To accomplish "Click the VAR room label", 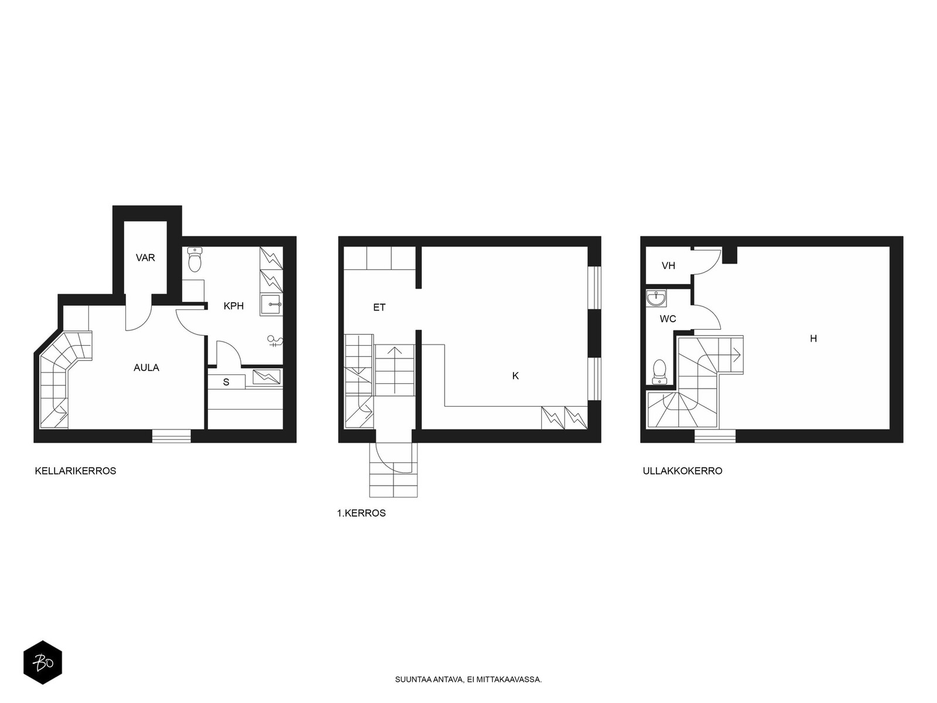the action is click(x=145, y=258).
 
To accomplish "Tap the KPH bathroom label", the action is click(x=234, y=306).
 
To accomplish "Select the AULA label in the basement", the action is click(x=146, y=368).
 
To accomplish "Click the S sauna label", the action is click(x=226, y=383).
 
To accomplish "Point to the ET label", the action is click(x=379, y=308).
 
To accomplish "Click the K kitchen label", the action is click(x=515, y=376).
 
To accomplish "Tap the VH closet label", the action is click(x=669, y=266).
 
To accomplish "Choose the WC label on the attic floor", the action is click(x=668, y=319).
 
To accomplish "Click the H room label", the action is click(x=813, y=339).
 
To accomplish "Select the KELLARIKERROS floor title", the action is click(x=76, y=471).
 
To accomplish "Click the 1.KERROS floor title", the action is click(x=361, y=514).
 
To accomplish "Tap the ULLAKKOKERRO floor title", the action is click(x=683, y=471).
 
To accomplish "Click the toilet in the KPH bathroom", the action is click(x=194, y=260).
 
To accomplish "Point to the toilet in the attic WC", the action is click(x=659, y=372).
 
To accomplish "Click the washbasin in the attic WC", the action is click(x=656, y=298).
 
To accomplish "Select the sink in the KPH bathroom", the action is click(x=271, y=305).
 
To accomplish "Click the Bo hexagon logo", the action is click(x=43, y=663).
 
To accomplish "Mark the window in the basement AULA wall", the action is click(x=172, y=436).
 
